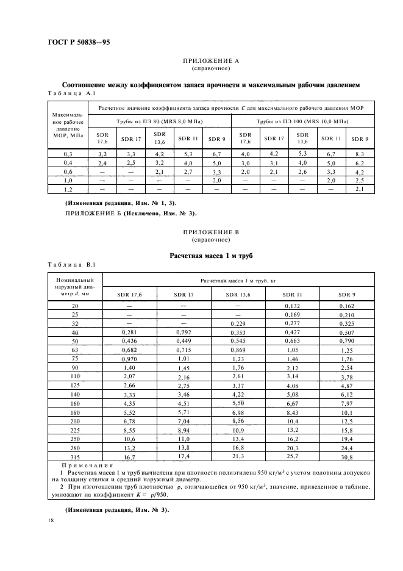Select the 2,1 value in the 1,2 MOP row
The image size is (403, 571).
(x=358, y=190)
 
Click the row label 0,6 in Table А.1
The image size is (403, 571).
(x=68, y=173)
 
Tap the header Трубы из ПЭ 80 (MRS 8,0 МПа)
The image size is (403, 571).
(x=160, y=122)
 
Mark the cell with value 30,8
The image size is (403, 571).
(x=346, y=457)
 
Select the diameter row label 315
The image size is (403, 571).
(x=75, y=456)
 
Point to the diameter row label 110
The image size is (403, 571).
(x=75, y=377)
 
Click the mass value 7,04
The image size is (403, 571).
(x=184, y=421)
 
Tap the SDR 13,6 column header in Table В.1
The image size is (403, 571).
(x=237, y=295)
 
